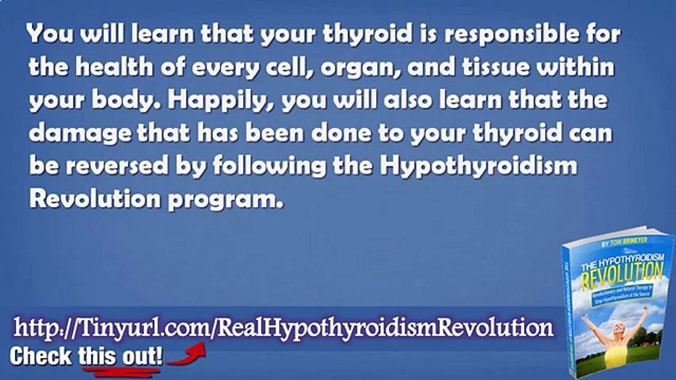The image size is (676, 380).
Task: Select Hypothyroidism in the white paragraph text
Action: pos(477,166)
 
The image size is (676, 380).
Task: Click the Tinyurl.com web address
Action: pos(284,328)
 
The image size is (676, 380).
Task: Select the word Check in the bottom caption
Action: pos(42,356)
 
